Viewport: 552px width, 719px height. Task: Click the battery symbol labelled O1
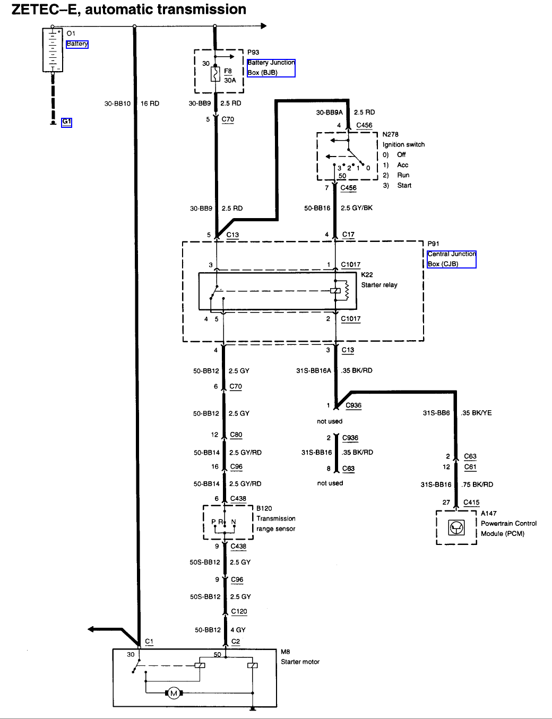(53, 50)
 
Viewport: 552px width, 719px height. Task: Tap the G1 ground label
(66, 122)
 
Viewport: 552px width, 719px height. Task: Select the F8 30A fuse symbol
(215, 74)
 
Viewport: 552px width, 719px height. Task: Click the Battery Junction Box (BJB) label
(271, 68)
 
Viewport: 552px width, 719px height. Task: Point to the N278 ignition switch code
(390, 135)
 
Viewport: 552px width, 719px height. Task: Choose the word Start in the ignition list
(404, 186)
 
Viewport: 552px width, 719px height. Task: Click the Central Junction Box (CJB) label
(451, 259)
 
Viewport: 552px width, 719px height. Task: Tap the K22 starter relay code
(367, 275)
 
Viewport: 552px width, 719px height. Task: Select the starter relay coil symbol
(335, 290)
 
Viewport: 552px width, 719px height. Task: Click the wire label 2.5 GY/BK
(356, 208)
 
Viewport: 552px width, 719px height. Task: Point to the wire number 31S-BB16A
(313, 371)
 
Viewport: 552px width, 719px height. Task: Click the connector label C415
(471, 502)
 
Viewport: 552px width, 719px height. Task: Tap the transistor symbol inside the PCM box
(456, 527)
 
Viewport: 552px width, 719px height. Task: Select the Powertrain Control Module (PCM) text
(508, 529)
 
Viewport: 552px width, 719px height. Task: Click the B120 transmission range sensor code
(264, 508)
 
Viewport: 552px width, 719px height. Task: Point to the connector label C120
(239, 611)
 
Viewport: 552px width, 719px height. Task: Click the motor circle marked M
(173, 693)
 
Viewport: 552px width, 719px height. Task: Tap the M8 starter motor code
(286, 652)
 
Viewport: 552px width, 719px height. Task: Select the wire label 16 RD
(150, 103)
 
